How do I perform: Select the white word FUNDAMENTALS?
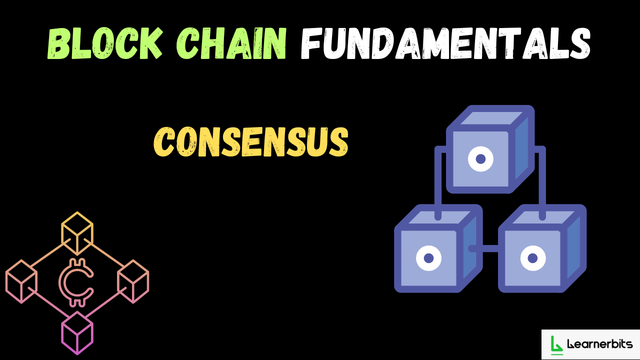point(445,44)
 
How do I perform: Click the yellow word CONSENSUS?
point(250,141)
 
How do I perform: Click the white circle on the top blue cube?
point(480,159)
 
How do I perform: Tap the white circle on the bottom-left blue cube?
point(428,258)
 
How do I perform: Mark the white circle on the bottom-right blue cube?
point(532,258)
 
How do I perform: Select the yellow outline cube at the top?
point(77,232)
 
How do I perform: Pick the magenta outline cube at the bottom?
point(77,332)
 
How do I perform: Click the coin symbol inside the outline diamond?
point(76,282)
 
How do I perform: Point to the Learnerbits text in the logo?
point(600,344)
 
